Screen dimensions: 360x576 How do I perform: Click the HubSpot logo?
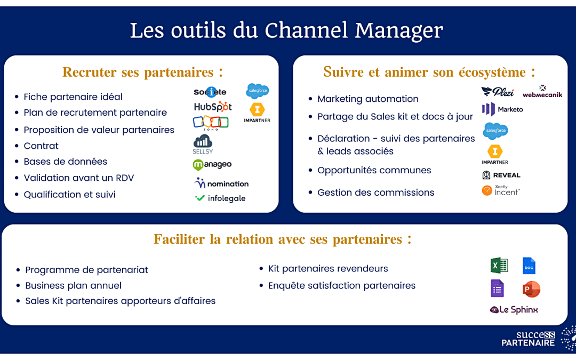[x=212, y=107]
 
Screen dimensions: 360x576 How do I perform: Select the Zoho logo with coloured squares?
[x=211, y=123]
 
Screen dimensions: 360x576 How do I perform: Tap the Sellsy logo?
[x=203, y=144]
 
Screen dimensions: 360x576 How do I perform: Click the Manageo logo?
[x=212, y=165]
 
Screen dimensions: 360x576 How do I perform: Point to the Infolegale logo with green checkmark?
[x=220, y=198]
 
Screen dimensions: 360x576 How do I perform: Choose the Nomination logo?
[x=221, y=183]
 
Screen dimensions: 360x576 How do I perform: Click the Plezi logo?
[x=497, y=92]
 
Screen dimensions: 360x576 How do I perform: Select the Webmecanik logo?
[x=542, y=92]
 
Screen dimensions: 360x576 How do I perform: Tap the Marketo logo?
[x=502, y=109]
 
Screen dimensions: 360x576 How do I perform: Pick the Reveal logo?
[x=501, y=175]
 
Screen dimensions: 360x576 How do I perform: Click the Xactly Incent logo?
[x=500, y=190]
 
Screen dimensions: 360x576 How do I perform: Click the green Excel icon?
[x=499, y=265]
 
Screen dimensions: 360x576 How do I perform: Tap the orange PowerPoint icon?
[x=531, y=289]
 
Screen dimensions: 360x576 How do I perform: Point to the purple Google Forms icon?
[x=497, y=289]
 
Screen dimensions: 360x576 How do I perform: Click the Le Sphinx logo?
[x=514, y=310]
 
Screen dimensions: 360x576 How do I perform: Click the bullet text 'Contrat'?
[x=41, y=146]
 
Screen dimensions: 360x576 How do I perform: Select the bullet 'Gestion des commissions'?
[x=375, y=193]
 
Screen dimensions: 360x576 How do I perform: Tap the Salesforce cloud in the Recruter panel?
[x=257, y=91]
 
